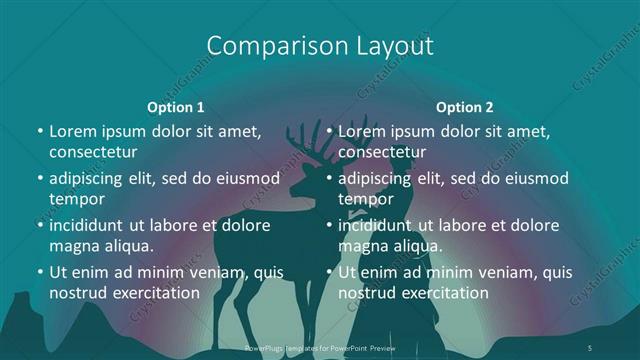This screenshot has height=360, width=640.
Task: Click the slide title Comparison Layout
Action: [320, 46]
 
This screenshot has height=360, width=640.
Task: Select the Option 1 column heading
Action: [176, 106]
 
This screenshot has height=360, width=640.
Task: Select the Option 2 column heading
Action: [465, 106]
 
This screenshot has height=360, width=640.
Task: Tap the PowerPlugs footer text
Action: [320, 347]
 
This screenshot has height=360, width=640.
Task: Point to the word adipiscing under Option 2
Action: [381, 178]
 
